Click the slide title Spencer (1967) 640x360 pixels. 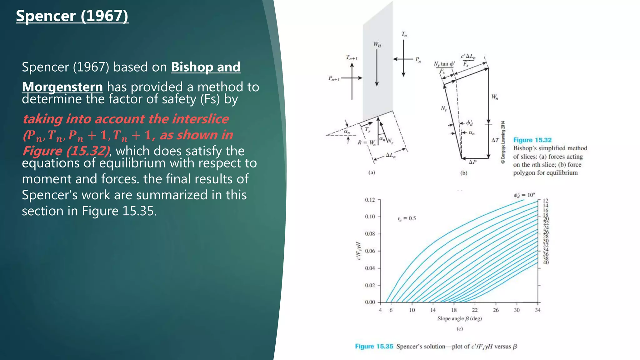pyautogui.click(x=72, y=16)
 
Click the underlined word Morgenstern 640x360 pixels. pyautogui.click(x=62, y=87)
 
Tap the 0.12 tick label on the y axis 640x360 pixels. pyautogui.click(x=370, y=200)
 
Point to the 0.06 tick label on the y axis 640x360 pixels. pyautogui.click(x=370, y=251)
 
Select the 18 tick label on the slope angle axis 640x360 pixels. pyautogui.click(x=454, y=310)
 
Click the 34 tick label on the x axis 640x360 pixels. pyautogui.click(x=537, y=310)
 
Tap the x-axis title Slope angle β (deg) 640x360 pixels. pyautogui.click(x=459, y=318)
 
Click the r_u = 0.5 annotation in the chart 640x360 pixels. pyautogui.click(x=407, y=218)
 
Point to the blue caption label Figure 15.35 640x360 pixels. pyautogui.click(x=374, y=346)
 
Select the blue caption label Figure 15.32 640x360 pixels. pyautogui.click(x=532, y=140)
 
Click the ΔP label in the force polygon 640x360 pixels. pyautogui.click(x=472, y=162)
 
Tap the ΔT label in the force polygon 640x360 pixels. pyautogui.click(x=495, y=140)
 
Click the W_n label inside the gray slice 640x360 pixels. pyautogui.click(x=377, y=45)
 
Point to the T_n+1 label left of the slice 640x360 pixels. pyautogui.click(x=352, y=57)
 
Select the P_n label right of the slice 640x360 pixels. pyautogui.click(x=418, y=60)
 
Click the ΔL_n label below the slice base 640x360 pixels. pyautogui.click(x=390, y=155)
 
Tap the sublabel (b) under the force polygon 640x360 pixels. pyautogui.click(x=464, y=173)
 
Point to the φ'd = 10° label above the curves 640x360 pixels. pyautogui.click(x=524, y=195)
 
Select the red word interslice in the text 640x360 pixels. pyautogui.click(x=200, y=119)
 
